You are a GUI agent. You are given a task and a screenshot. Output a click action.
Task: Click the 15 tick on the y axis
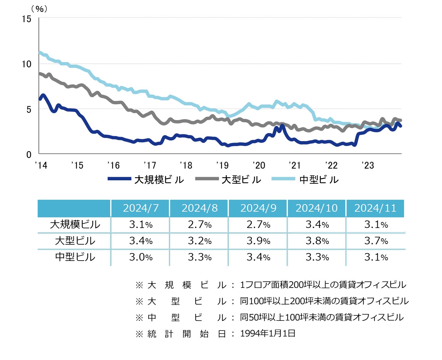click(x=27, y=19)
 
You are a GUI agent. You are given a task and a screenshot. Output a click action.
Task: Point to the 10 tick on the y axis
click(x=27, y=64)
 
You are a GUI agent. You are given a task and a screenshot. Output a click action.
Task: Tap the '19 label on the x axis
click(x=222, y=165)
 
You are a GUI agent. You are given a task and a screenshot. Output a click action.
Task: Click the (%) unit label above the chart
click(x=40, y=9)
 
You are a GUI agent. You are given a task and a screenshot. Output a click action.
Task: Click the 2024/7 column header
click(x=141, y=208)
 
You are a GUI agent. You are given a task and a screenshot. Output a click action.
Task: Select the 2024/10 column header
click(x=316, y=208)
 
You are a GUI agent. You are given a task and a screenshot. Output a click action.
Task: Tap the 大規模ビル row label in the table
click(x=75, y=225)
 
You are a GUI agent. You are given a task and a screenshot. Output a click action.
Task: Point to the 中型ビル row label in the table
click(x=75, y=257)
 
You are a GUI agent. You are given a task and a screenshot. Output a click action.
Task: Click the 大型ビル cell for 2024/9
click(x=258, y=241)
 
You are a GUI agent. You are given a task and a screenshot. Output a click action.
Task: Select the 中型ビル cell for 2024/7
click(x=141, y=257)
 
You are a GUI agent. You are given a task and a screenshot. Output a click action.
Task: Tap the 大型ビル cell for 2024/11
click(x=376, y=241)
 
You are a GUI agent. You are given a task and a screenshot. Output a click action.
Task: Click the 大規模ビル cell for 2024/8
click(x=200, y=225)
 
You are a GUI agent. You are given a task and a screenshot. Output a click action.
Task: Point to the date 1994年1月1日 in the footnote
click(x=267, y=333)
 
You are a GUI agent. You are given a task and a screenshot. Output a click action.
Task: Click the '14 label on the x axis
click(x=41, y=165)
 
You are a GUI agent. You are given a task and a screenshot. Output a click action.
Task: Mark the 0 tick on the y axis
click(x=29, y=154)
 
